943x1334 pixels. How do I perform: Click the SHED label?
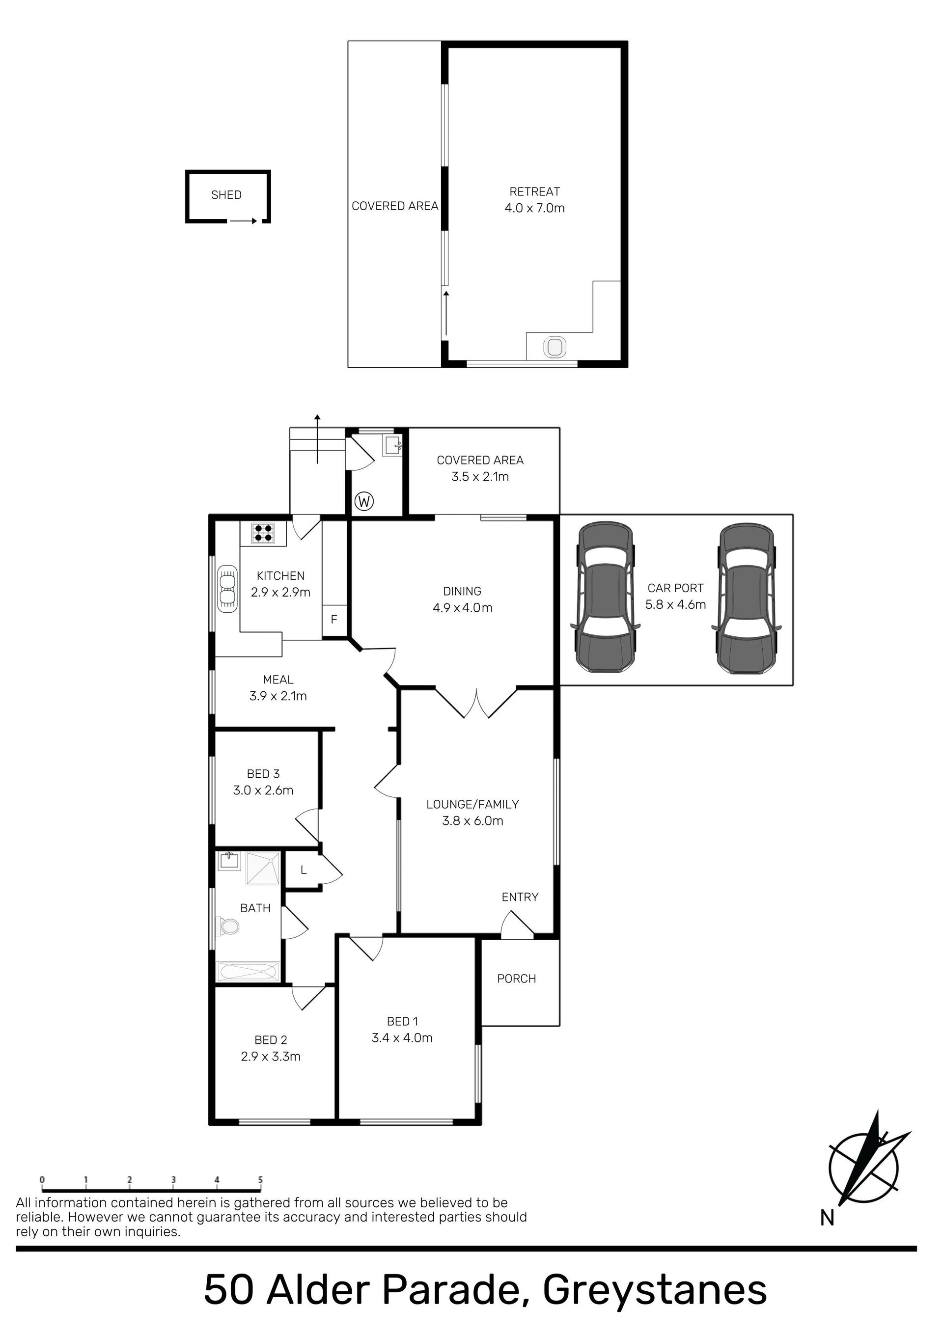click(226, 195)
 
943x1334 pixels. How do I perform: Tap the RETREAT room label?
click(535, 192)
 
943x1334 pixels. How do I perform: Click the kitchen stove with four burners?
click(263, 533)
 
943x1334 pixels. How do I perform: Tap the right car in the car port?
click(748, 599)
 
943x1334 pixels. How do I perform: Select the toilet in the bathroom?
click(228, 926)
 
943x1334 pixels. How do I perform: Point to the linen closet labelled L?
click(303, 871)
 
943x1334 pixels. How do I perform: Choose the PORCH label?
click(517, 979)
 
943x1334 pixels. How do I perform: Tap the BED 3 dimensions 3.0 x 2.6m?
click(263, 790)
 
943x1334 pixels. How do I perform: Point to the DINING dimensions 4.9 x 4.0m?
click(463, 608)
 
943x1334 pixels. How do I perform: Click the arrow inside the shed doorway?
click(243, 221)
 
